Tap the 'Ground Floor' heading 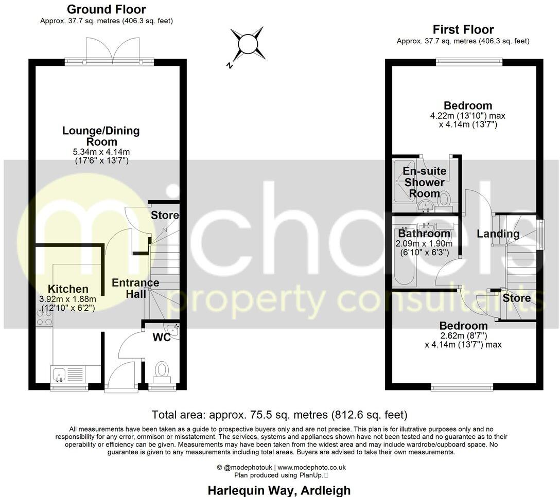point(106,9)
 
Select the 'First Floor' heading point(463,29)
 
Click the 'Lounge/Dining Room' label point(101,136)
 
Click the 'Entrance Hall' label point(135,288)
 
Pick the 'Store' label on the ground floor point(165,215)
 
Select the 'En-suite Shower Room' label point(425,182)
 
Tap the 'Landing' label point(498,234)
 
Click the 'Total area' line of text point(279,415)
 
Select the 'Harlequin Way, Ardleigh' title point(279,490)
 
